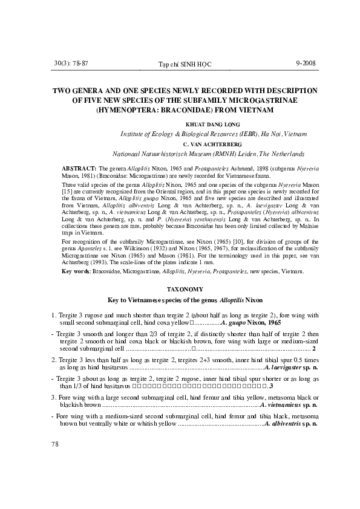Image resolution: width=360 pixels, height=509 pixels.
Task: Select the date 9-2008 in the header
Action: [x=306, y=63]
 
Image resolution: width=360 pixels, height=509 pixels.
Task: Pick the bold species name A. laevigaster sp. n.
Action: [x=288, y=366]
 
